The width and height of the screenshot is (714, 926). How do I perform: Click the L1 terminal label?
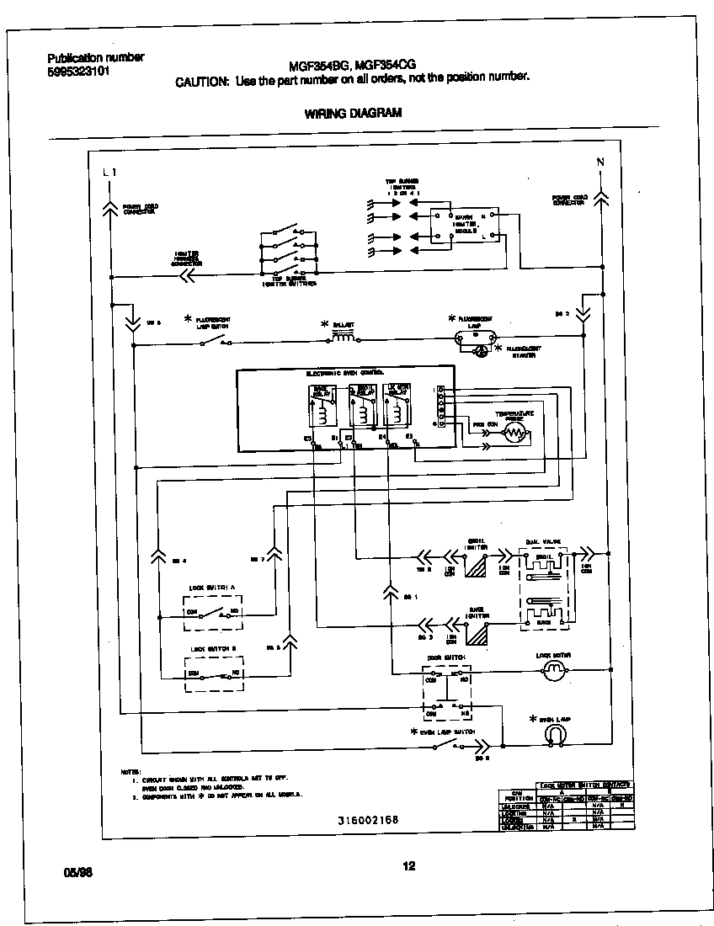(109, 172)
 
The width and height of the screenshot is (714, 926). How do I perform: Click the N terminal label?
(599, 162)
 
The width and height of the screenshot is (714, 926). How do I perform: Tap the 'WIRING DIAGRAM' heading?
(353, 113)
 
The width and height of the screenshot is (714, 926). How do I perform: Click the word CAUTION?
(201, 82)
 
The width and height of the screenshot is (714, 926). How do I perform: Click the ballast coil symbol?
(344, 338)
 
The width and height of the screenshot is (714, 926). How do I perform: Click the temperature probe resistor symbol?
(512, 434)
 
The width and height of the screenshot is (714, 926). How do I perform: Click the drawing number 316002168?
(368, 819)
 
